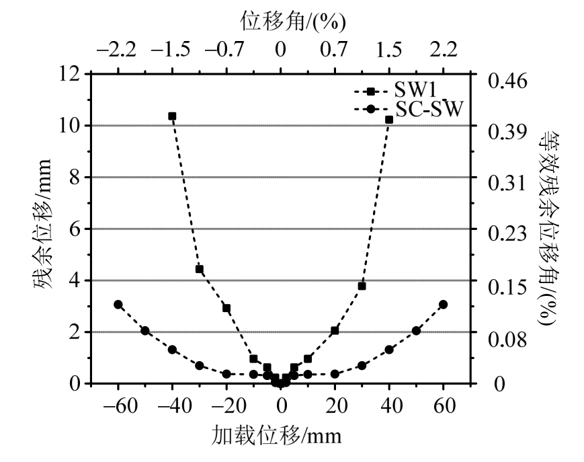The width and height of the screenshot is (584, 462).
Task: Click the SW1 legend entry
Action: click(409, 90)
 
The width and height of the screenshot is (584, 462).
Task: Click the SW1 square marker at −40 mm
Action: click(172, 116)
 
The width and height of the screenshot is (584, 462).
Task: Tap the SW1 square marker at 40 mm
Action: click(389, 119)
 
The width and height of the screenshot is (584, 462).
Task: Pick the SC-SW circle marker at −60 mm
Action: click(118, 305)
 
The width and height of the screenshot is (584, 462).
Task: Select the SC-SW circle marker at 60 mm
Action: click(443, 305)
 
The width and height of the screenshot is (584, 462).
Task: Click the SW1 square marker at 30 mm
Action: click(362, 286)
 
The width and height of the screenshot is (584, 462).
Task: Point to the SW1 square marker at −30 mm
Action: click(200, 269)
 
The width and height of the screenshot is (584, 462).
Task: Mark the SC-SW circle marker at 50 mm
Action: click(416, 330)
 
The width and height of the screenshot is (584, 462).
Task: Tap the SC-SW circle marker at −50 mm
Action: click(145, 330)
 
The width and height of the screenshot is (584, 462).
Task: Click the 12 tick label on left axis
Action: click(68, 73)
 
